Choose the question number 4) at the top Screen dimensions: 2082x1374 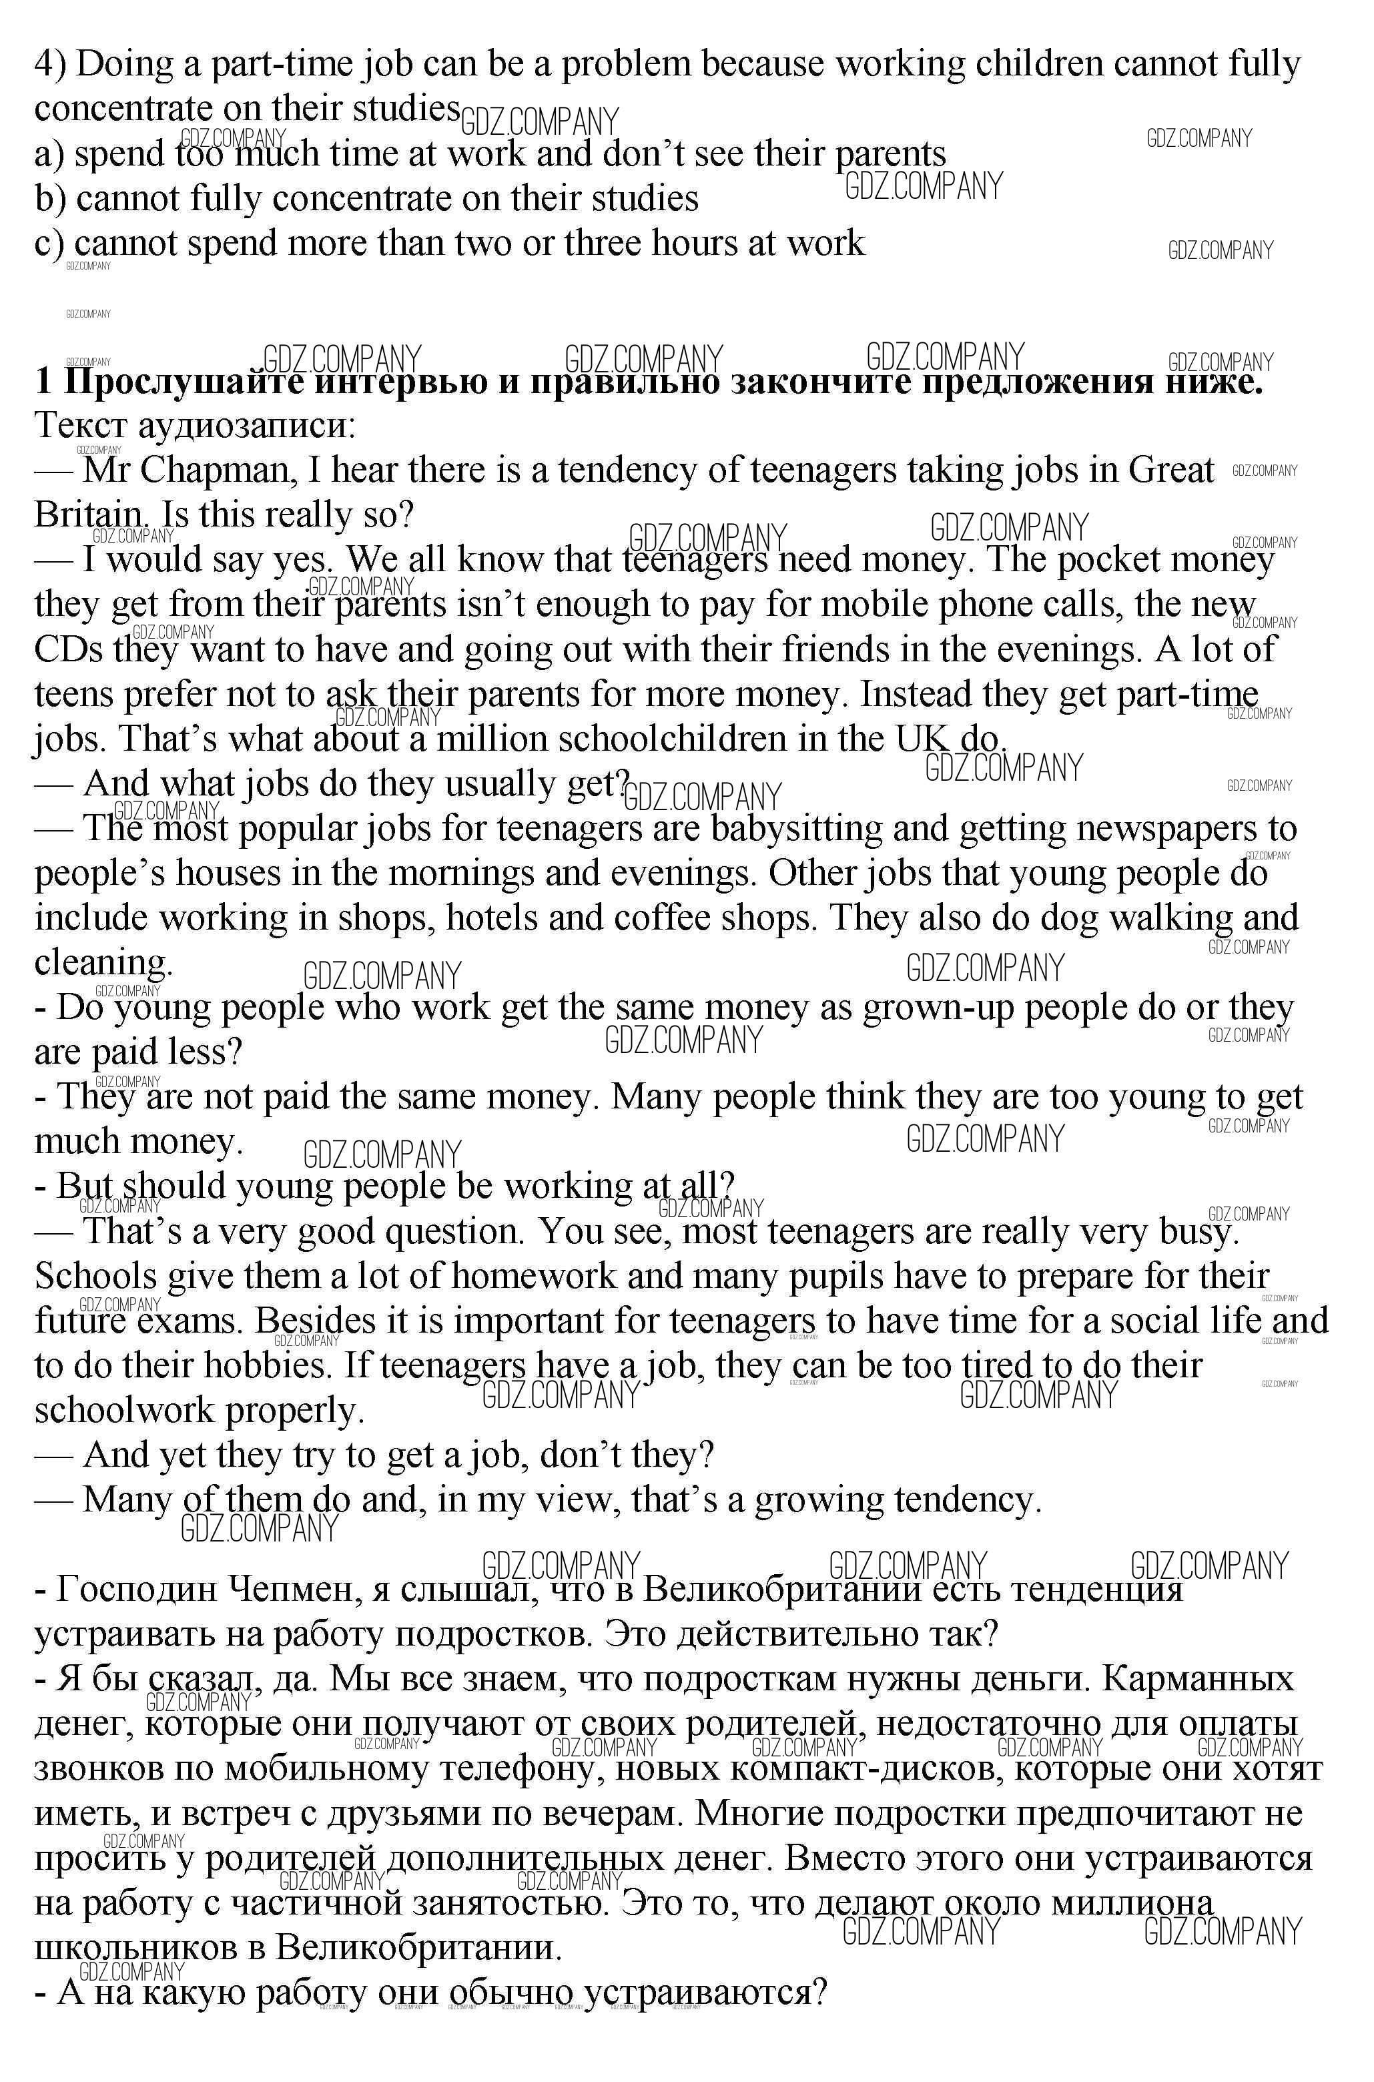pos(50,65)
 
